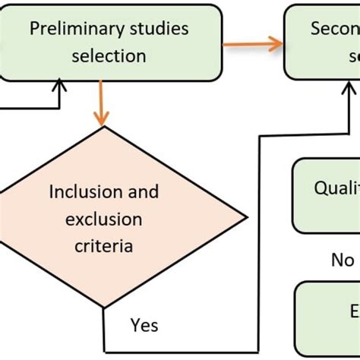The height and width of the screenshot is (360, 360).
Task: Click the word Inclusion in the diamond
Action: (x=84, y=191)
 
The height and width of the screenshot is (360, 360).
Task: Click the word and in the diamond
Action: (x=143, y=191)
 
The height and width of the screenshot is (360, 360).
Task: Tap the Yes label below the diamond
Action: (x=144, y=325)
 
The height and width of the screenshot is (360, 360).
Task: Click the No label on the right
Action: (x=343, y=260)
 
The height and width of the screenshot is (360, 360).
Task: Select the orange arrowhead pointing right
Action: (x=274, y=44)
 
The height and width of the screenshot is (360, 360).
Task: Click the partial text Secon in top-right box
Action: (x=334, y=30)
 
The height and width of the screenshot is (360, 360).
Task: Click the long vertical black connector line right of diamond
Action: (x=261, y=243)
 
